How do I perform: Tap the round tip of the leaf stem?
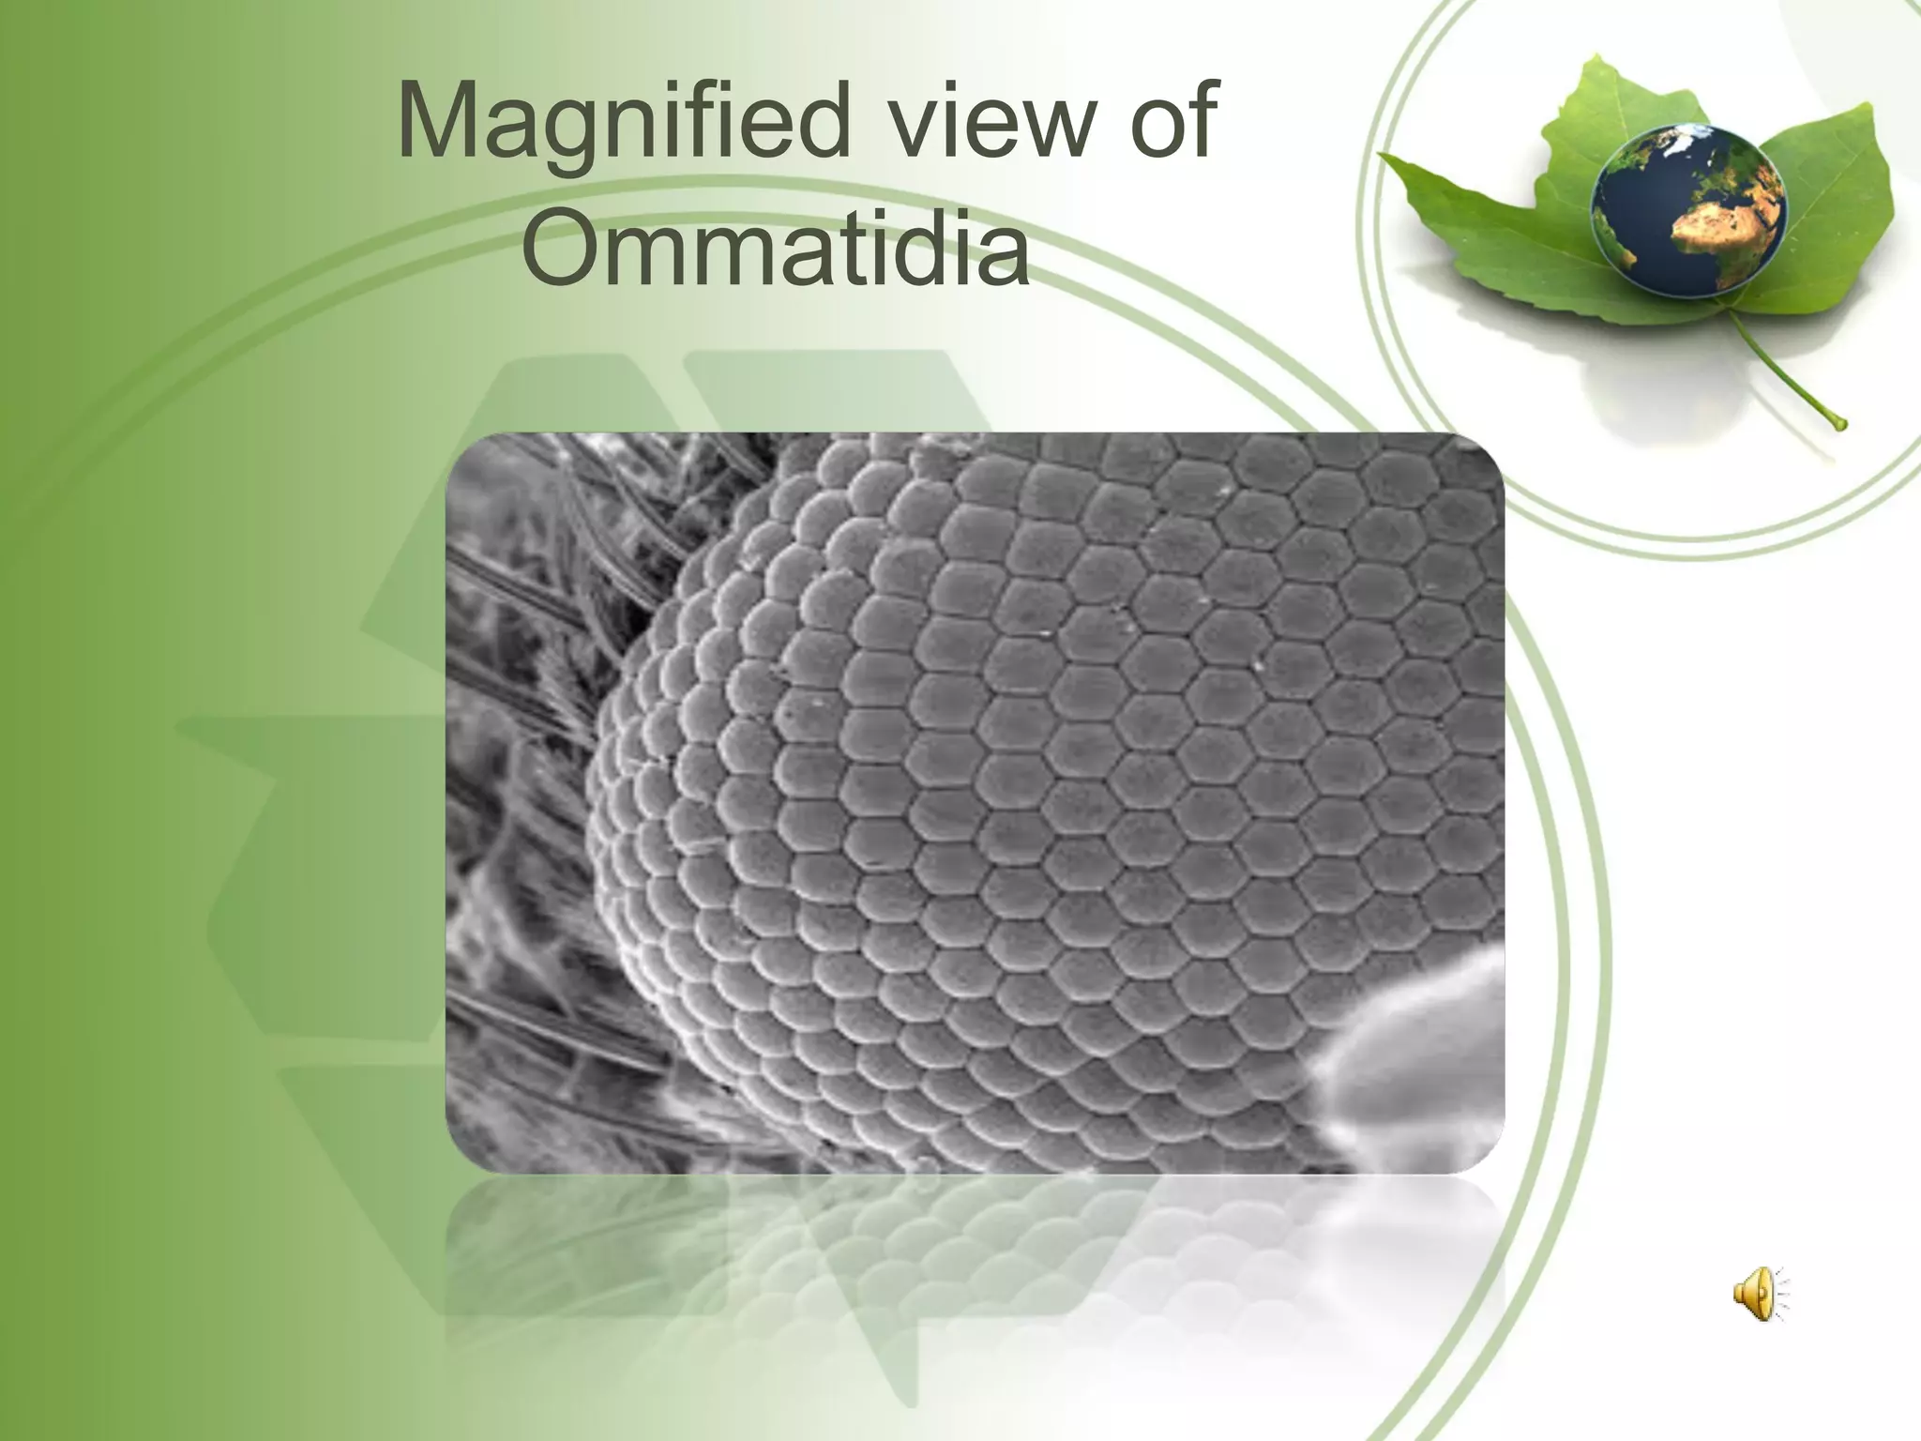tap(1839, 424)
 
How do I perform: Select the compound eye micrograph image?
tap(976, 802)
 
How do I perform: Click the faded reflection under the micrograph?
tap(976, 1257)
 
